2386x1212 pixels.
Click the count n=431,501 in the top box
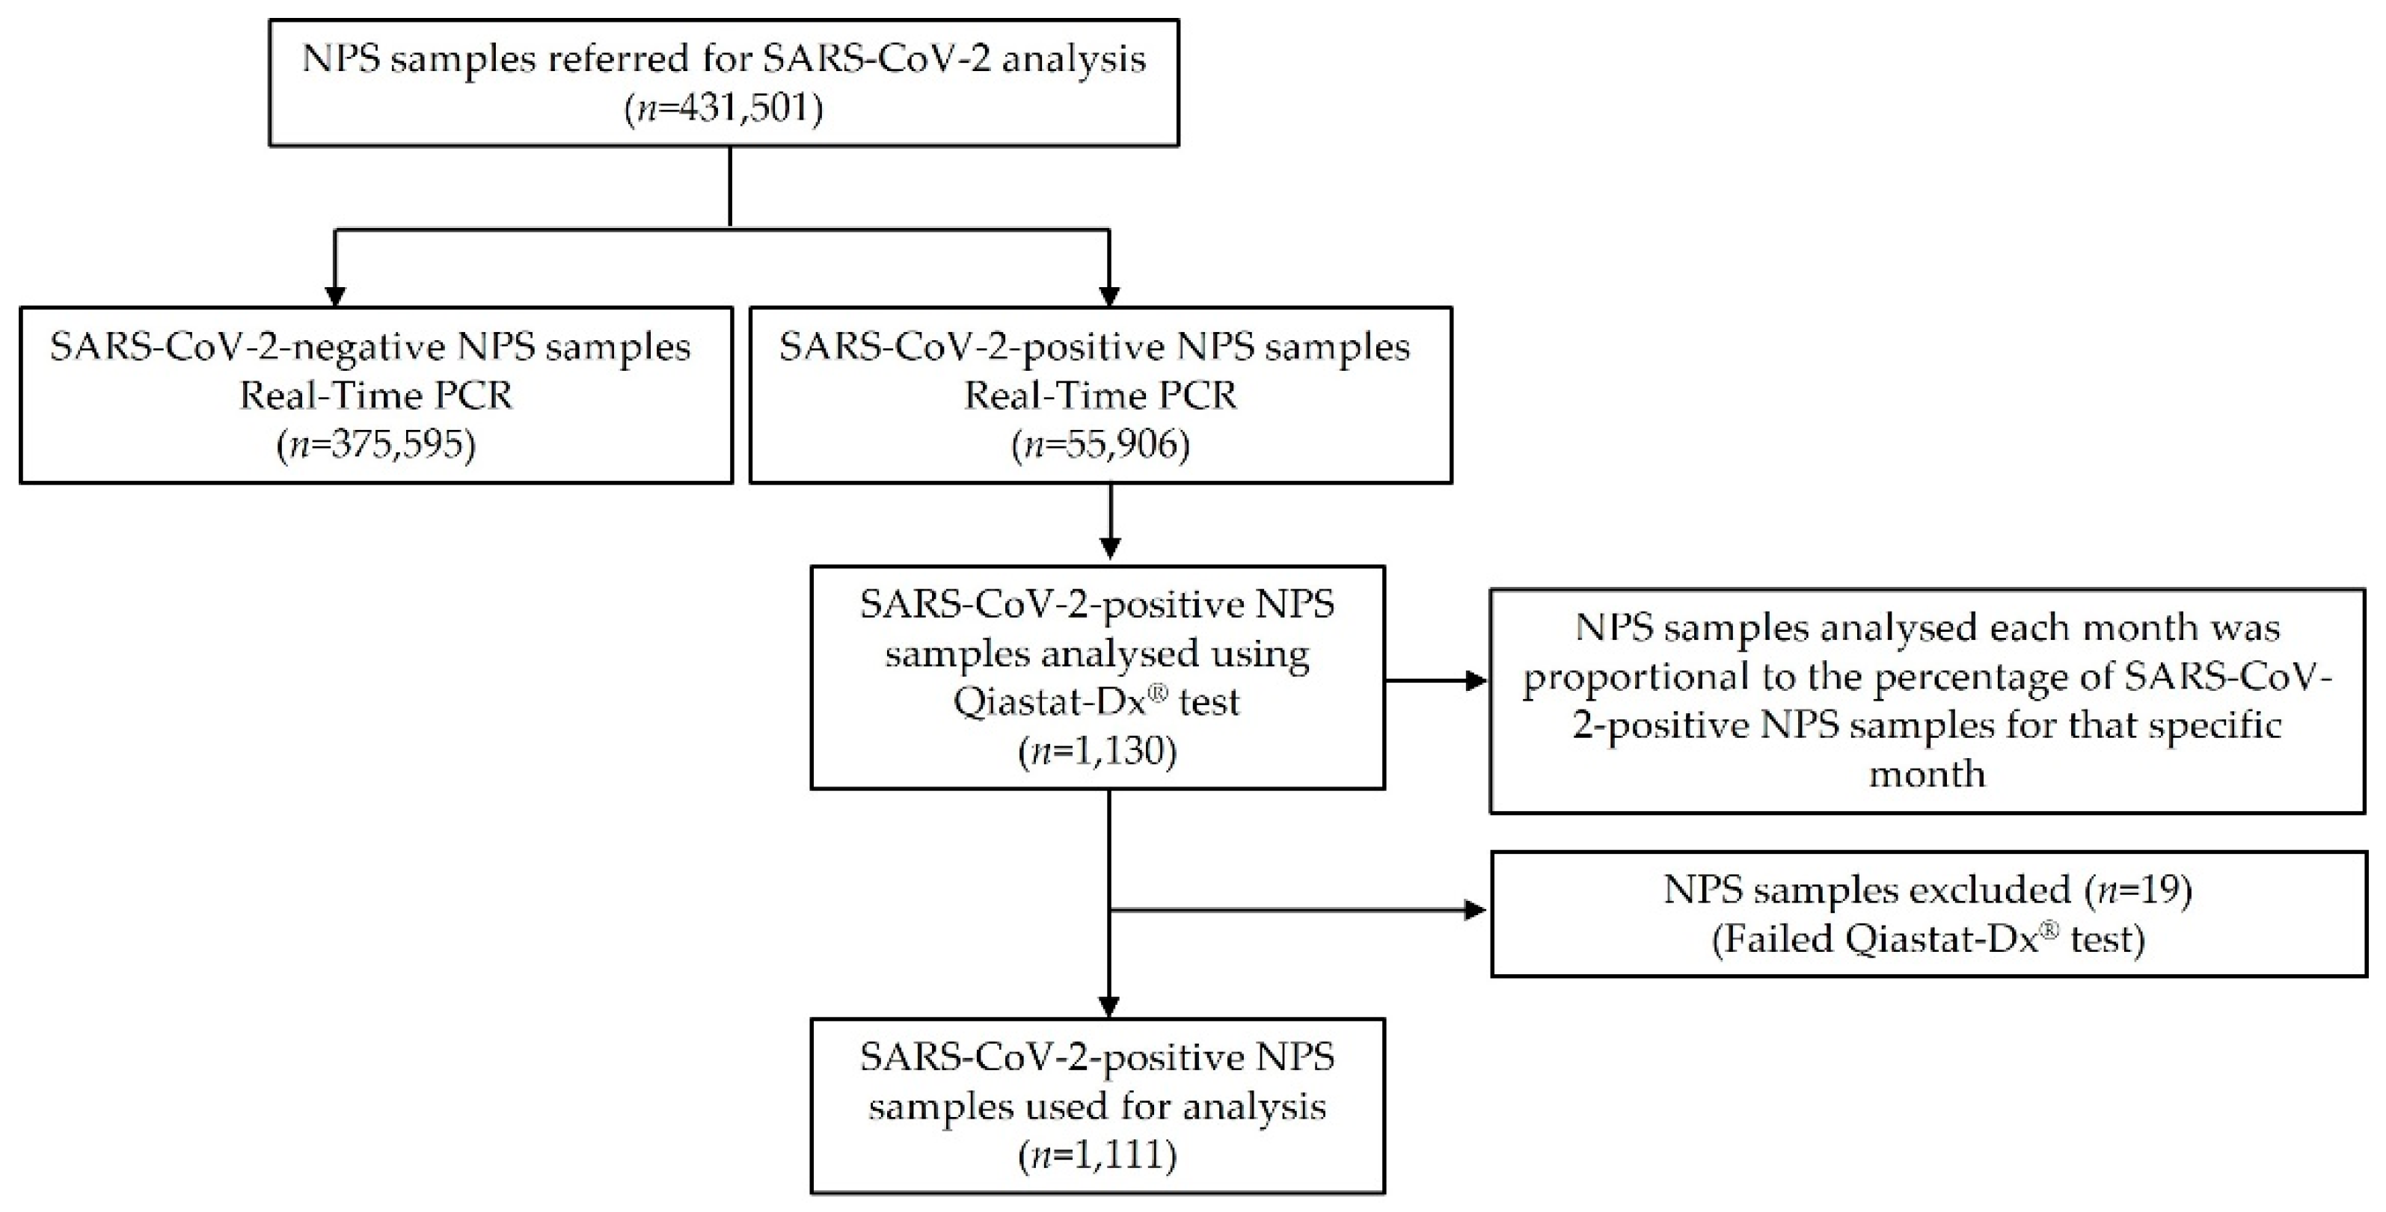pos(723,109)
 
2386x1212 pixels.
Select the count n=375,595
pos(376,446)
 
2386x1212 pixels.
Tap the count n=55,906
pos(1100,446)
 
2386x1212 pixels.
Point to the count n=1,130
pos(1097,751)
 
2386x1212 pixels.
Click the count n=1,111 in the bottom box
pos(1097,1155)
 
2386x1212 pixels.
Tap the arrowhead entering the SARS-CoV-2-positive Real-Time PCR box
pos(1108,295)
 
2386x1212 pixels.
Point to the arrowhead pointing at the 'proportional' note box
pos(1473,681)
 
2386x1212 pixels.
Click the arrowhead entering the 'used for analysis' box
pos(1108,1006)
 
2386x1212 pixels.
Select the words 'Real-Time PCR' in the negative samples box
pos(376,396)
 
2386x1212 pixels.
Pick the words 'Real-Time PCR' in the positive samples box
pos(1100,396)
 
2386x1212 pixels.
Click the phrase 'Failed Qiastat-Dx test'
pos(1927,940)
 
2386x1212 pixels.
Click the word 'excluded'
pos(1977,890)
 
